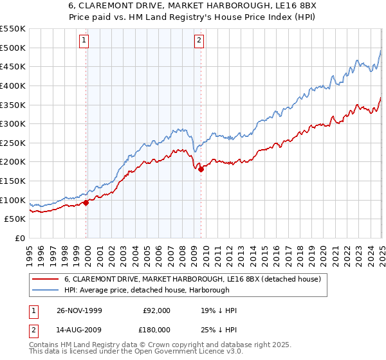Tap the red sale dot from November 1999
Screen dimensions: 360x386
pyautogui.click(x=86, y=203)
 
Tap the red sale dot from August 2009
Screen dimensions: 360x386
pyautogui.click(x=201, y=169)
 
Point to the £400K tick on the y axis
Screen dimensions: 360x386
pyautogui.click(x=13, y=85)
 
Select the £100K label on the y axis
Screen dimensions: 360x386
pyautogui.click(x=13, y=200)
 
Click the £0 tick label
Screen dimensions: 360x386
pyautogui.click(x=19, y=238)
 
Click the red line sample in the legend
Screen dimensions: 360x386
pyautogui.click(x=45, y=279)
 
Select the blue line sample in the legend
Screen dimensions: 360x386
pyautogui.click(x=45, y=290)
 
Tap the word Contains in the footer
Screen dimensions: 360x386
pyautogui.click(x=46, y=346)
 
